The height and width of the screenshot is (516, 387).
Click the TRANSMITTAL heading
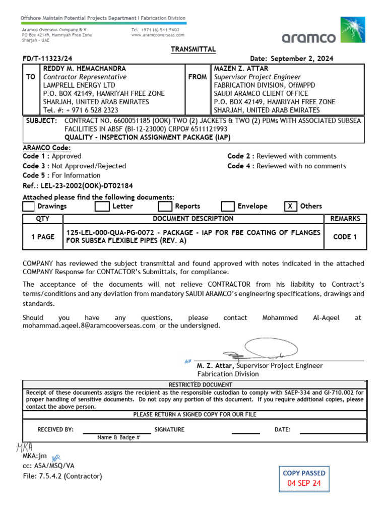click(193, 49)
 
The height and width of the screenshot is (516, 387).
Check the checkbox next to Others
click(290, 206)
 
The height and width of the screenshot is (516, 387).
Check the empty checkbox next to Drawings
click(29, 206)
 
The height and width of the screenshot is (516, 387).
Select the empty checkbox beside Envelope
click(228, 206)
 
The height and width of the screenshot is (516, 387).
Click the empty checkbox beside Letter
click(102, 206)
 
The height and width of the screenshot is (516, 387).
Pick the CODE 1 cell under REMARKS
click(345, 237)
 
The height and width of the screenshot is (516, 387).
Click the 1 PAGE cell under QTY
click(43, 237)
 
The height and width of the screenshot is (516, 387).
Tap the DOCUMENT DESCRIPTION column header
click(193, 219)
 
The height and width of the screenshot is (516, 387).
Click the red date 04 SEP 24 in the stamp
click(304, 483)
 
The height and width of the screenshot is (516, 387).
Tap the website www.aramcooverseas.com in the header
click(158, 35)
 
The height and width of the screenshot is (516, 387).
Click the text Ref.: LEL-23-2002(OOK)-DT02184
click(78, 185)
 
